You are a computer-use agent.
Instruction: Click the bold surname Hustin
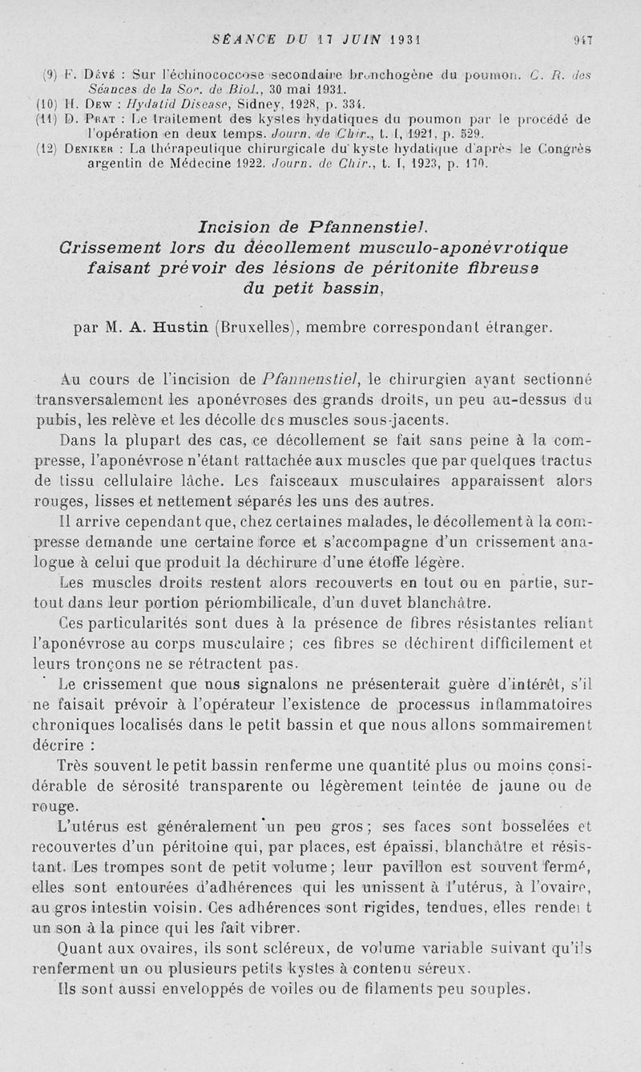point(179,327)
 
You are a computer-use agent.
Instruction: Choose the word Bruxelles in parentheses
point(254,327)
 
